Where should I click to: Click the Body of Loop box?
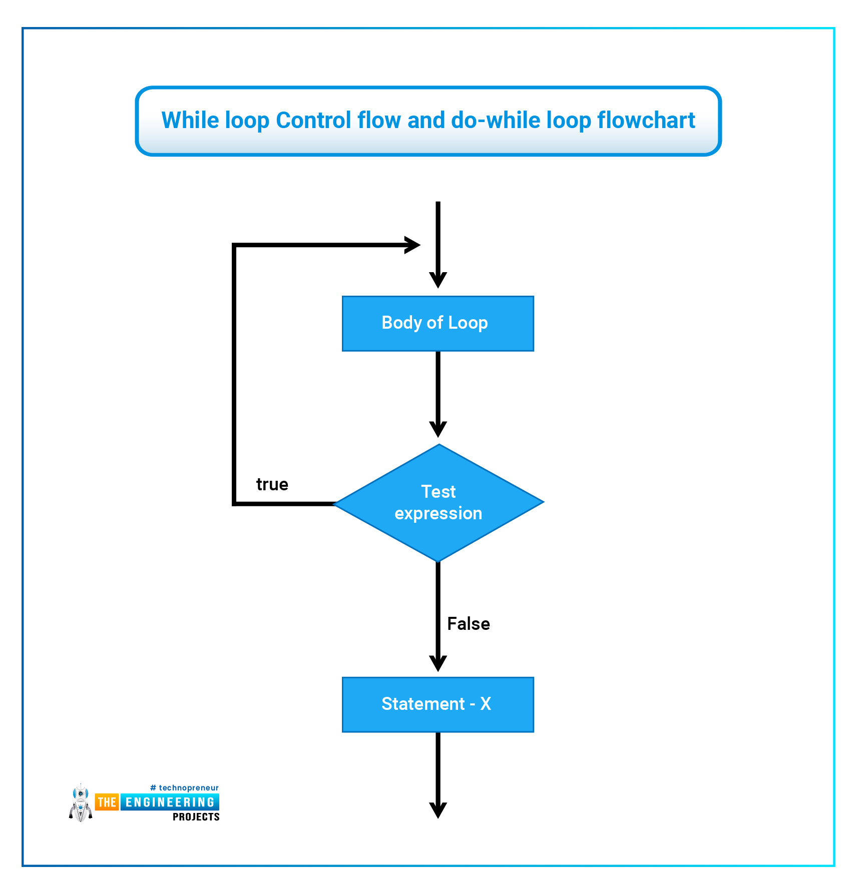(438, 323)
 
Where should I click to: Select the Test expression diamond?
(439, 503)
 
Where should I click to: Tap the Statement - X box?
(438, 704)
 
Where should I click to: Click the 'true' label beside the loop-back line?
(272, 484)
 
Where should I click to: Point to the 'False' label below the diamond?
(469, 624)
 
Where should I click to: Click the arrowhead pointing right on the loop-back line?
(412, 245)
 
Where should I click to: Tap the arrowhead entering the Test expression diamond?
(438, 429)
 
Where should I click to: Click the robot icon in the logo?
(81, 803)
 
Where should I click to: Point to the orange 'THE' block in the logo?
(107, 802)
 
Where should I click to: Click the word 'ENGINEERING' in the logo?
(170, 802)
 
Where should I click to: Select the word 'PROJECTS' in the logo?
(196, 817)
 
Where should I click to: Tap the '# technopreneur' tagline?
(184, 788)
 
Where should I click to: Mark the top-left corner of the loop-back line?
(234, 245)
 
